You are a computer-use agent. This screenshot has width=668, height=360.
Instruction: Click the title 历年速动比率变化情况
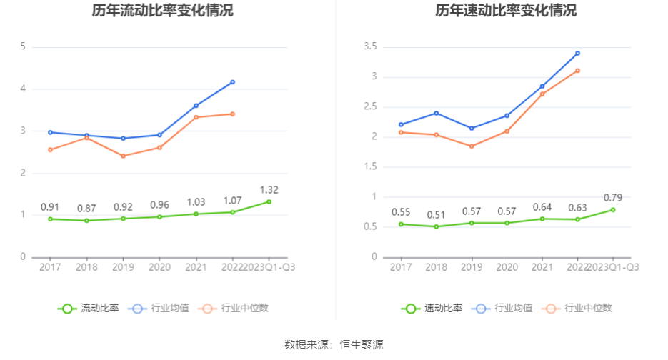point(506,11)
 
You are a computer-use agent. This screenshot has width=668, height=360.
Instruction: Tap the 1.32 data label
point(269,189)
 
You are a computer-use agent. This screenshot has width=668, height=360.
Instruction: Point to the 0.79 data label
point(613,197)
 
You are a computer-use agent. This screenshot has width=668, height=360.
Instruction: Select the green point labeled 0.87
point(86,221)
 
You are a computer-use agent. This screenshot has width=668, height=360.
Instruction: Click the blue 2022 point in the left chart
point(232,82)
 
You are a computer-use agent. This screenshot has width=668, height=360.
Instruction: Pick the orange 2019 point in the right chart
point(471,146)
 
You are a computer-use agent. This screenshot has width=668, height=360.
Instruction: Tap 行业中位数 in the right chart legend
point(588,309)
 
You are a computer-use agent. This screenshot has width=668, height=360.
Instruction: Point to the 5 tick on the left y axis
point(23,47)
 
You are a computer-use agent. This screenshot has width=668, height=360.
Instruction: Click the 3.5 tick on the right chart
point(371,47)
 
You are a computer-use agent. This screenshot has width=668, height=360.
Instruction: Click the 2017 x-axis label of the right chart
point(401,267)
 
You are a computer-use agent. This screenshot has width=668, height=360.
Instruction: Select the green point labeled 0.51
point(436,226)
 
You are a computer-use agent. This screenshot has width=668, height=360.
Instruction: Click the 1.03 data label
point(196,202)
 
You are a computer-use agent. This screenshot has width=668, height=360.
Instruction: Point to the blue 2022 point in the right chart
point(577,53)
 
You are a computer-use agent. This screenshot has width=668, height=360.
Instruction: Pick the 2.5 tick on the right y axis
point(371,107)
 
